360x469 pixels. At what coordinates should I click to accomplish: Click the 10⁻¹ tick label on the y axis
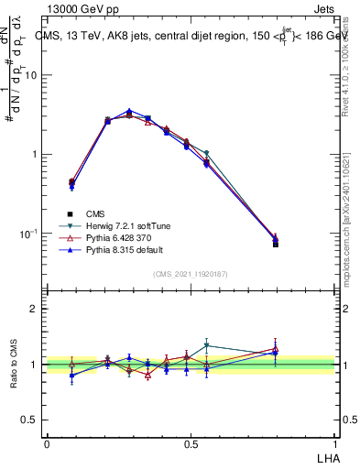[33, 234]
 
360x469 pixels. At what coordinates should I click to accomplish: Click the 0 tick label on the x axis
[47, 443]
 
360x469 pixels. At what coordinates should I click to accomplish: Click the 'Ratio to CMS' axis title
[12, 365]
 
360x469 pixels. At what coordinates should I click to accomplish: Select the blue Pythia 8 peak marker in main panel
[129, 111]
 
